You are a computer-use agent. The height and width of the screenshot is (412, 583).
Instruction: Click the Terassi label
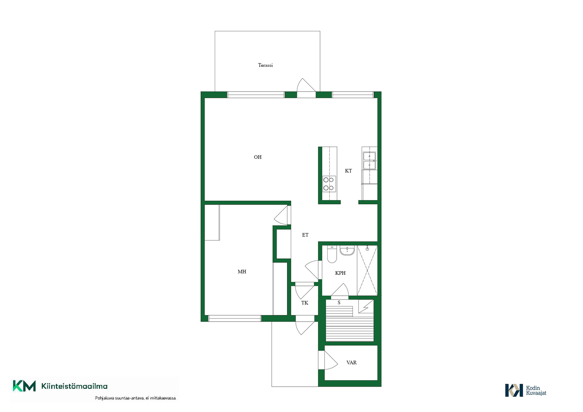coord(265,65)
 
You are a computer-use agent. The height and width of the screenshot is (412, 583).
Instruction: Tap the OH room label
coord(257,157)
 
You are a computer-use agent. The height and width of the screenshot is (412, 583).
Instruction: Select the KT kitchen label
coord(348,171)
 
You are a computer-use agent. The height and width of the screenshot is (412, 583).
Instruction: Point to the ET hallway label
coord(305,235)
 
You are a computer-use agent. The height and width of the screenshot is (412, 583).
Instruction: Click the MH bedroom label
coord(242,271)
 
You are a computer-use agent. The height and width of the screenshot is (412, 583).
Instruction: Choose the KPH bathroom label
coord(340,273)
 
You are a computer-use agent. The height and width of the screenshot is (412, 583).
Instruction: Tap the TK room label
coord(305,303)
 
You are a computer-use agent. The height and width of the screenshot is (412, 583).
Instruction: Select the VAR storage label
coord(351,363)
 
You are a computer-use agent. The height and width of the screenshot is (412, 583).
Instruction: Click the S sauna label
coord(339,302)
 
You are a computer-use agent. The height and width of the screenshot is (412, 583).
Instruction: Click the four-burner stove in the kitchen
coord(329,184)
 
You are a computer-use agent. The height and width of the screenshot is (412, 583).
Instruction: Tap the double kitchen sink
coord(369,161)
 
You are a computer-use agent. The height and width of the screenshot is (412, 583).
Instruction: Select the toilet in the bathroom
coord(332,254)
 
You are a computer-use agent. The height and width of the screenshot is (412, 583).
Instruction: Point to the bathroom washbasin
coord(347,250)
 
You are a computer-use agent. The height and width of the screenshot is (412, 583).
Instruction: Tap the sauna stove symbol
coord(366,306)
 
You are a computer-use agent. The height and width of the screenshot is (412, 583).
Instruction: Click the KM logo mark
coord(24,386)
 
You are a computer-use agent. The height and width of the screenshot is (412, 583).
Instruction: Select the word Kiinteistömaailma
coord(74,386)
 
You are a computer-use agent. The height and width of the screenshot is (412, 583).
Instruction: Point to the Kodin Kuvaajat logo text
coord(536,390)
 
